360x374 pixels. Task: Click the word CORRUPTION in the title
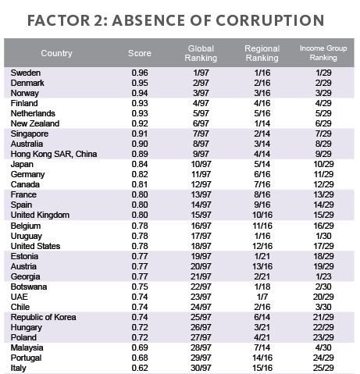270,20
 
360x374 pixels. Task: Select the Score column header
140,53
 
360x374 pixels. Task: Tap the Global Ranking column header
201,53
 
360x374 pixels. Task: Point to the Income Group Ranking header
323,53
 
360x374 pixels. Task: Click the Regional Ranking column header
262,53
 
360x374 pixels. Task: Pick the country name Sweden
26,73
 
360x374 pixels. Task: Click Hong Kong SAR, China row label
54,154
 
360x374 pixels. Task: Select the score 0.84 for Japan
140,164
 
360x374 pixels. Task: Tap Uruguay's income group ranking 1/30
323,236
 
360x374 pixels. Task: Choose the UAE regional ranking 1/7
262,297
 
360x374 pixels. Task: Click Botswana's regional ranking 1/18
262,287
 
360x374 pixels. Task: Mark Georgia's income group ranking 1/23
323,276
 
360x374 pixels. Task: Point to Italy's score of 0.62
140,368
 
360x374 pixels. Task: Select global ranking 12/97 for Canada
201,184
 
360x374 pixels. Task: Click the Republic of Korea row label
43,317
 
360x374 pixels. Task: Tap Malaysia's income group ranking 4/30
323,347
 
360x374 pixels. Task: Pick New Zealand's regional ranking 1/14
262,123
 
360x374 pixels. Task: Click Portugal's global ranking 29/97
201,358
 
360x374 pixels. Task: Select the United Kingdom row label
40,215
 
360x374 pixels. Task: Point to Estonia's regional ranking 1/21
262,256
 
